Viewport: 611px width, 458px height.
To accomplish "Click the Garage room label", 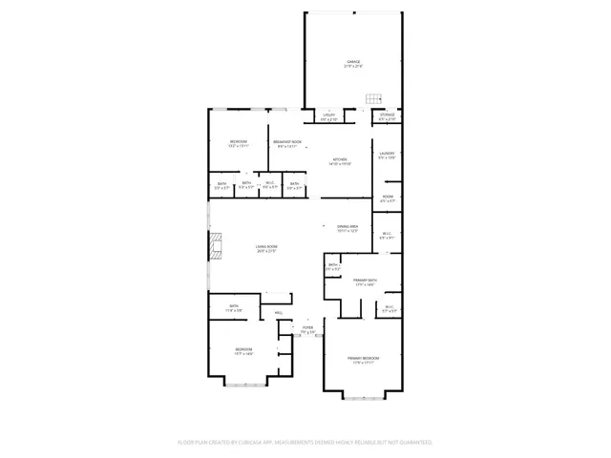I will click(x=353, y=64).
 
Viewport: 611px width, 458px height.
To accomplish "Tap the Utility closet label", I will click(x=328, y=117).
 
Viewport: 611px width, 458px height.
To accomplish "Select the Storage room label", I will click(x=387, y=117).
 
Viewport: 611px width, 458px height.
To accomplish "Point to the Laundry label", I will click(x=387, y=156).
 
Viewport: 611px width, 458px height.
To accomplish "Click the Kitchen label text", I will click(x=340, y=161).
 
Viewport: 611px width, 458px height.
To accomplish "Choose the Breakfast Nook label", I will click(x=288, y=144).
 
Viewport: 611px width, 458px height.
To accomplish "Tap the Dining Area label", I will click(x=348, y=229).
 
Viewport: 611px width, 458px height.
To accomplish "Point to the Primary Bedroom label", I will click(x=362, y=360).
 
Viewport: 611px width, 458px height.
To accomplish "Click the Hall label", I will click(x=279, y=313).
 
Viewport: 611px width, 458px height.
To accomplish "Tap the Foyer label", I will click(x=307, y=330).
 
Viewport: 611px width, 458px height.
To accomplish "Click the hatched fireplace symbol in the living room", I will click(x=215, y=247).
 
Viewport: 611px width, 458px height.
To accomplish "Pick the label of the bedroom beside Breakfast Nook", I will click(x=239, y=144).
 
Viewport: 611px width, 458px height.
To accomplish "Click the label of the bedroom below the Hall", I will click(x=243, y=351).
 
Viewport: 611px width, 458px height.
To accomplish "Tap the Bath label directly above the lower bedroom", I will click(x=234, y=308).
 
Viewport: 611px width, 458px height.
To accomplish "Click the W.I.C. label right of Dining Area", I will click(x=387, y=236).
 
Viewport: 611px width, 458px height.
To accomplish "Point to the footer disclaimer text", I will click(x=305, y=443).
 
